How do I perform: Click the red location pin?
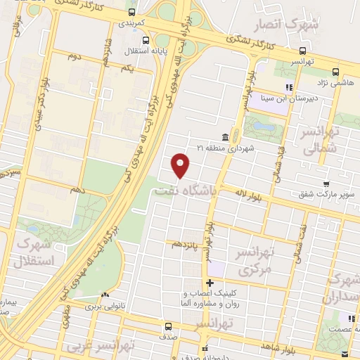click(181, 166)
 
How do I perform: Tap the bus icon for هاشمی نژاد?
click(335, 71)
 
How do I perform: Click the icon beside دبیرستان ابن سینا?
click(288, 88)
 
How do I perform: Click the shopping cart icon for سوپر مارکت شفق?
click(326, 184)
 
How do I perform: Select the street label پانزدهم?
click(185, 243)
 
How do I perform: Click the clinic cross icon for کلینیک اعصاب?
click(210, 283)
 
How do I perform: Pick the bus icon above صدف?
click(168, 326)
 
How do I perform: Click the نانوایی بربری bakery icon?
click(104, 295)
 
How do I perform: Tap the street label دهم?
click(79, 191)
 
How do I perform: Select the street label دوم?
click(71, 54)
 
